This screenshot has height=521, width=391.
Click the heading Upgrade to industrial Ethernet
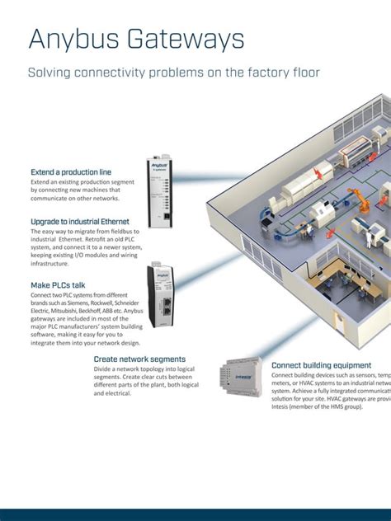click(80, 222)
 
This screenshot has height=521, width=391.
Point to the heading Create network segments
click(139, 359)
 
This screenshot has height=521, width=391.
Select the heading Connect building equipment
click(322, 365)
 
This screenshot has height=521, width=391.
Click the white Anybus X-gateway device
click(159, 191)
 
